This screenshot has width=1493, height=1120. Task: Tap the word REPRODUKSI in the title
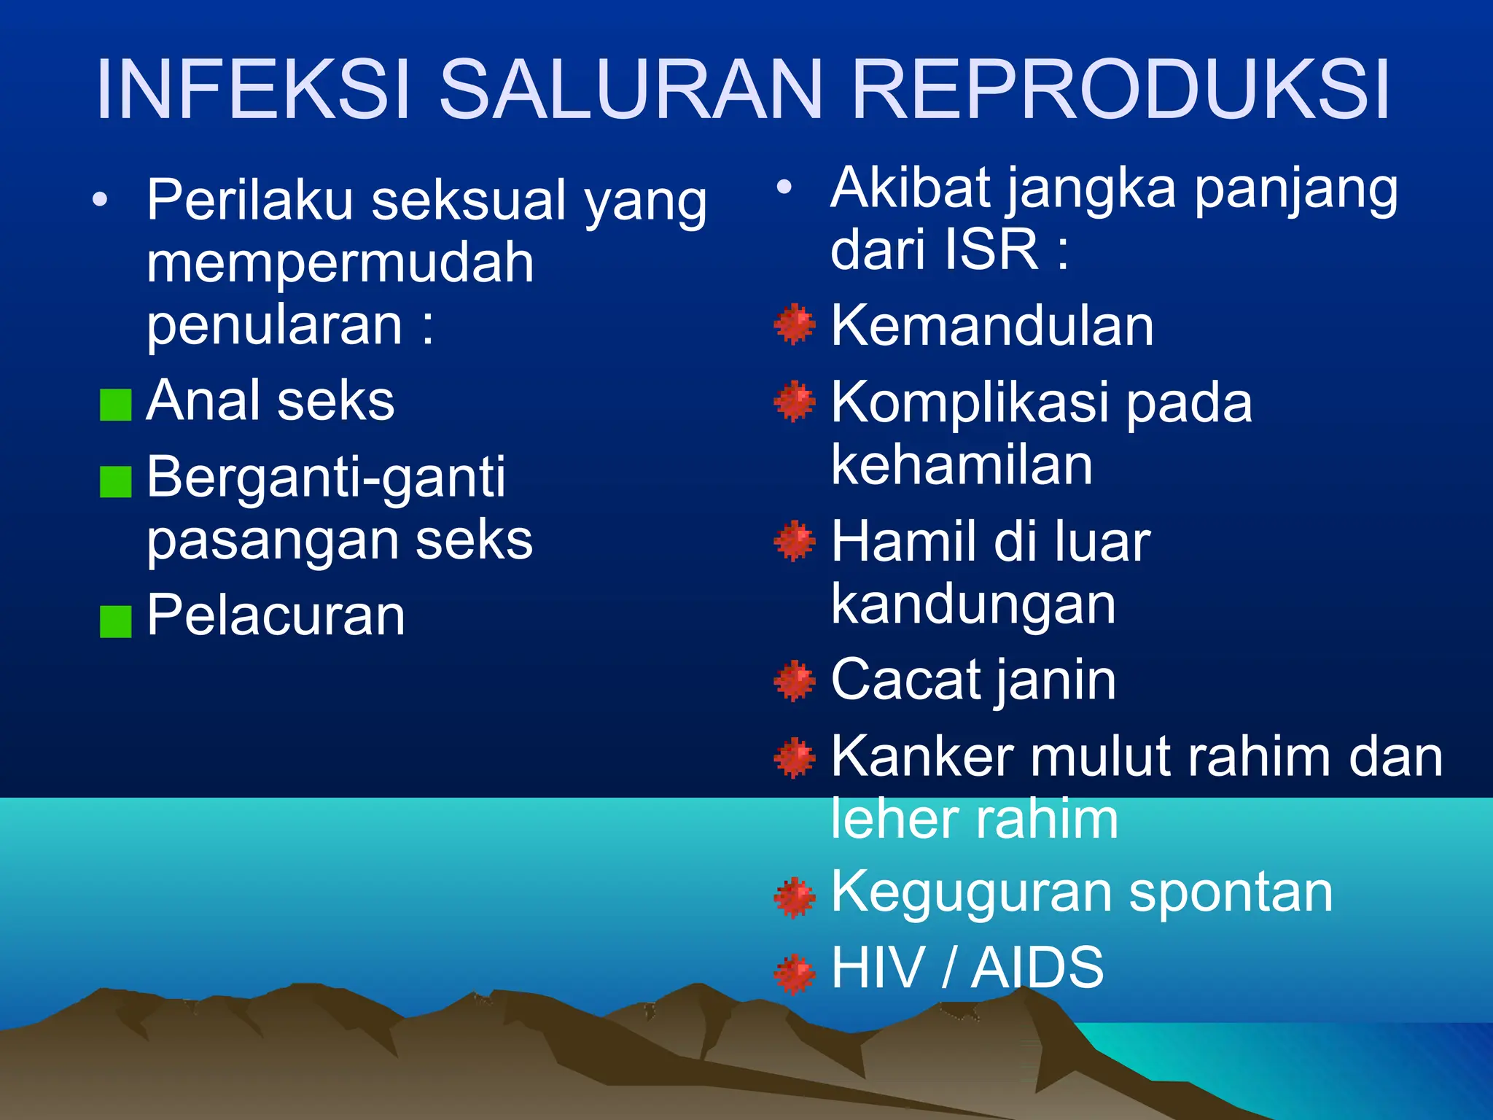pyautogui.click(x=1121, y=90)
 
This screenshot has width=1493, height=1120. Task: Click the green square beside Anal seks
pyautogui.click(x=115, y=405)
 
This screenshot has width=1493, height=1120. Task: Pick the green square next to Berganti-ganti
pyautogui.click(x=115, y=482)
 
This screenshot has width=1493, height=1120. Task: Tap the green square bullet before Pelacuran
pyautogui.click(x=115, y=621)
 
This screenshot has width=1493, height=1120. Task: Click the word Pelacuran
pyautogui.click(x=276, y=616)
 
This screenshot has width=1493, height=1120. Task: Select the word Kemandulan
pyautogui.click(x=992, y=326)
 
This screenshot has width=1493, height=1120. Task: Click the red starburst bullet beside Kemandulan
pyautogui.click(x=794, y=324)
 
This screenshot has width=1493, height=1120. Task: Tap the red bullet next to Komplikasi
pyautogui.click(x=794, y=401)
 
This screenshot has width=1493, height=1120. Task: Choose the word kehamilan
pyautogui.click(x=962, y=465)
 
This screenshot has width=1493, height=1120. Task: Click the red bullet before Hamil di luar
pyautogui.click(x=794, y=542)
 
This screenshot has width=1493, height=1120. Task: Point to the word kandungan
pyautogui.click(x=973, y=605)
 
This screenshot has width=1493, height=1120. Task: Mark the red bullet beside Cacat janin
pyautogui.click(x=794, y=681)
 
